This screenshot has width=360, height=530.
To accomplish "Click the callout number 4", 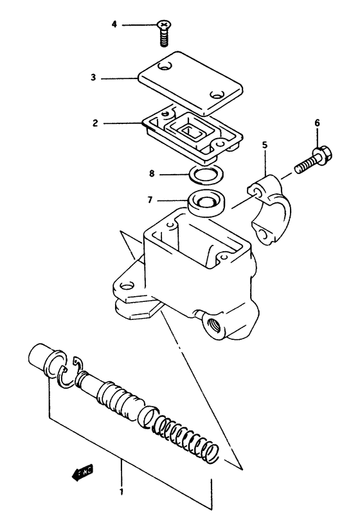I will tap(114, 25).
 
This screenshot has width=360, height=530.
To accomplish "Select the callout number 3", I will tap(93, 78).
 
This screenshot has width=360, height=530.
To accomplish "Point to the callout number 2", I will tap(94, 122).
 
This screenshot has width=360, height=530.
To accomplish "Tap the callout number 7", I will tap(150, 200).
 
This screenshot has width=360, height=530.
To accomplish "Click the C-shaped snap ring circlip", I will tap(68, 377).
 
